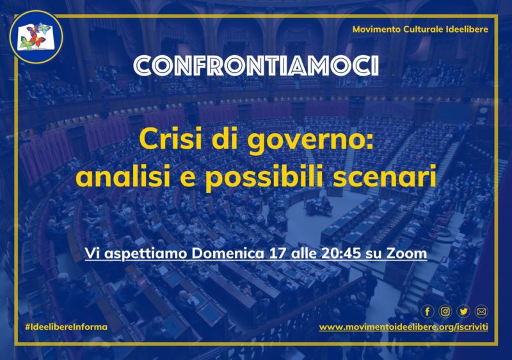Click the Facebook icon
pyautogui.click(x=428, y=312)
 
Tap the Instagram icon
pyautogui.click(x=445, y=312)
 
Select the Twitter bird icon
pyautogui.click(x=463, y=312)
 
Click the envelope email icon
pyautogui.click(x=481, y=312)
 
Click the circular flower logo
pyautogui.click(x=36, y=37)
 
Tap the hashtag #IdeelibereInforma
pyautogui.click(x=66, y=327)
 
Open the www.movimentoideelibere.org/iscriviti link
pyautogui.click(x=404, y=327)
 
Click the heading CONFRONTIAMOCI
pyautogui.click(x=256, y=66)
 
